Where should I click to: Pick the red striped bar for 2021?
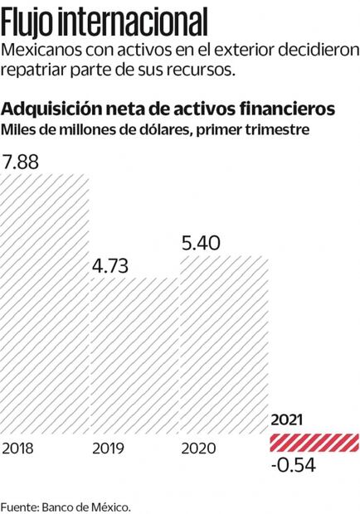click(x=314, y=443)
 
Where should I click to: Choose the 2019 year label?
click(x=107, y=449)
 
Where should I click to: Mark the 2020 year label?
click(x=197, y=449)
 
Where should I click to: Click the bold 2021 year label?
click(x=287, y=420)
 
